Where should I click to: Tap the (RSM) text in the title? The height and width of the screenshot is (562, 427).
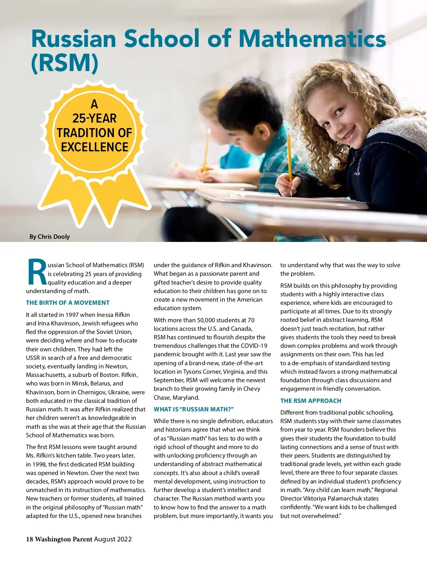(x=64, y=63)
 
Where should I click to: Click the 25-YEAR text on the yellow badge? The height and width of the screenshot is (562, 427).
(x=94, y=118)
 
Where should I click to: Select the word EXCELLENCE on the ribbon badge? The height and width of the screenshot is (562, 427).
(x=94, y=147)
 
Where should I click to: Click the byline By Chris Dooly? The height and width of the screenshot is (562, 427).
(x=49, y=237)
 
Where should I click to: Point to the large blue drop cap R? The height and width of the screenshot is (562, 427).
(x=36, y=273)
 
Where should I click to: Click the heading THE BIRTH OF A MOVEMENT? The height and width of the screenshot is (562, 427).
(x=68, y=303)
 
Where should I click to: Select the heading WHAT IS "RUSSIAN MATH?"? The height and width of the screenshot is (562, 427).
(x=194, y=409)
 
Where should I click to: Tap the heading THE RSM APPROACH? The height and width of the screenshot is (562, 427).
(x=311, y=401)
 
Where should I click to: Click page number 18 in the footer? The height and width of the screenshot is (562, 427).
(x=29, y=539)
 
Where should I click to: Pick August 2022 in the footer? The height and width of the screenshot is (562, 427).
(x=113, y=539)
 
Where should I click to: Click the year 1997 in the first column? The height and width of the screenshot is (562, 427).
(x=72, y=315)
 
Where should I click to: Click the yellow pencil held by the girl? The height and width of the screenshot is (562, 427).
(x=290, y=160)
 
